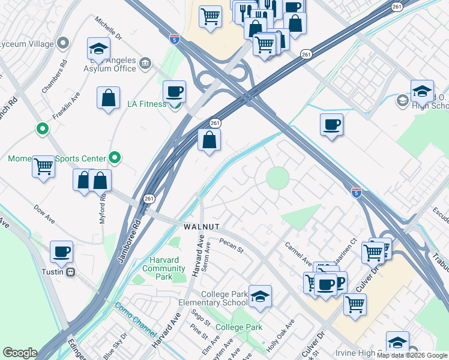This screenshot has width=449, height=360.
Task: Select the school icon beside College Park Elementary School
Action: [259, 297]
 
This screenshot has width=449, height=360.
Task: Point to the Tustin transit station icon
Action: [71, 272]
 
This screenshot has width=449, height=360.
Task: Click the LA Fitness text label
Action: [146, 104]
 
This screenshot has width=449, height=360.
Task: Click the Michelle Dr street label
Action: [109, 28]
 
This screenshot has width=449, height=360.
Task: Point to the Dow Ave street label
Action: [44, 215]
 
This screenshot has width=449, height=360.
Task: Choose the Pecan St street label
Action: [231, 246]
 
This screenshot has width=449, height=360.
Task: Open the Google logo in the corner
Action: [20, 353]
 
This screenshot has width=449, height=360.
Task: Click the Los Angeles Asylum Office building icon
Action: [145, 62]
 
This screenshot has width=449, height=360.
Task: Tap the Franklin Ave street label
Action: [66, 106]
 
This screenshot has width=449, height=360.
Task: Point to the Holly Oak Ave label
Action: [282, 337]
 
